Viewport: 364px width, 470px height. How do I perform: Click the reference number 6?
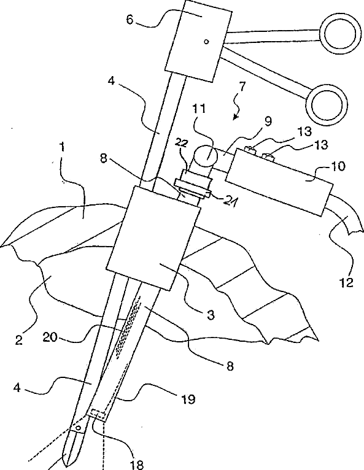pos(130,20)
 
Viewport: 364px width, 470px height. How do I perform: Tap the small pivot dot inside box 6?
pos(206,42)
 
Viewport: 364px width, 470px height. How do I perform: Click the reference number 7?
pos(242,87)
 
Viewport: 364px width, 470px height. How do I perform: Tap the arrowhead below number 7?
pos(235,117)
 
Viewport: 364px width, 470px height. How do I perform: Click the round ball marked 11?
pos(206,156)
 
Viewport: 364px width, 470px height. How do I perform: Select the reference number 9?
pos(268,121)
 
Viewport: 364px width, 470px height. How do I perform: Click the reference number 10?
pos(339,166)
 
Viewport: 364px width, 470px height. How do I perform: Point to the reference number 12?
pos(346,282)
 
